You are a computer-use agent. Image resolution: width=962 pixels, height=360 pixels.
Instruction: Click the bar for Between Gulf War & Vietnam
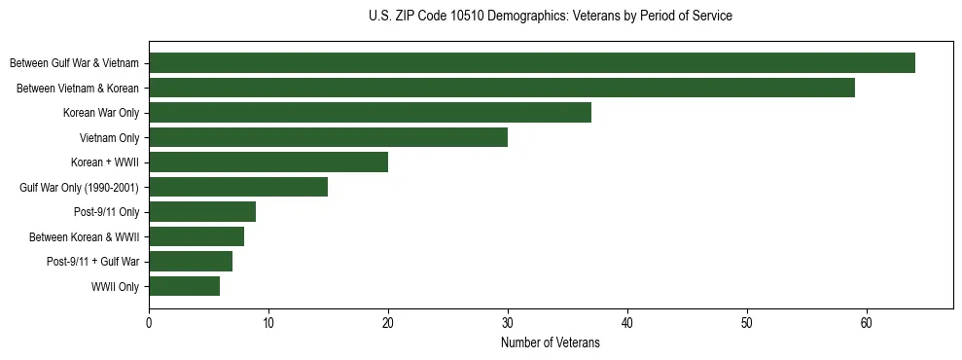(x=531, y=63)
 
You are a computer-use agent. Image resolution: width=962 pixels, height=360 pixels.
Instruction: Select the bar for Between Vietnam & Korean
(x=501, y=88)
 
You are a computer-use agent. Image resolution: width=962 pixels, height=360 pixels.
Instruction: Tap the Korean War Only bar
(x=370, y=113)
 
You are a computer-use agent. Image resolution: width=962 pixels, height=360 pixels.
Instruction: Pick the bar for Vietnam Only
(x=328, y=137)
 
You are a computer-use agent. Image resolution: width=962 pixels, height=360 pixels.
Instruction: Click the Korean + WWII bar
(x=268, y=162)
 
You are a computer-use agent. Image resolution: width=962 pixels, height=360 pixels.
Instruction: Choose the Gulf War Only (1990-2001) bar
(x=238, y=187)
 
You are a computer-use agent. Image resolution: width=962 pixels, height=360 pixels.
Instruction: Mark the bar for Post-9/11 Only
(x=202, y=212)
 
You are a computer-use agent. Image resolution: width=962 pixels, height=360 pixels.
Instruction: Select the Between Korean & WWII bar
(x=196, y=236)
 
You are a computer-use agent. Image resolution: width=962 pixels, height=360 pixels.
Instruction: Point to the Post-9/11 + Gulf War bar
(x=191, y=262)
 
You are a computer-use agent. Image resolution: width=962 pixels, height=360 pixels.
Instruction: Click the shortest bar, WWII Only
(x=184, y=286)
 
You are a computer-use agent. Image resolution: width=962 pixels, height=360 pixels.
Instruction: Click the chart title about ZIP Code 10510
(x=551, y=17)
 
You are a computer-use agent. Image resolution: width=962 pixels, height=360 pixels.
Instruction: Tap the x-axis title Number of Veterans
(x=551, y=343)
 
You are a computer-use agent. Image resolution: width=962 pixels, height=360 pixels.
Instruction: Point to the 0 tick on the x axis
(x=149, y=323)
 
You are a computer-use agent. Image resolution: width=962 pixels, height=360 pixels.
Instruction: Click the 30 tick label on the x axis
(x=508, y=323)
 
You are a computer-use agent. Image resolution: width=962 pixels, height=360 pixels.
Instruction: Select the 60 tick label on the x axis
(x=866, y=323)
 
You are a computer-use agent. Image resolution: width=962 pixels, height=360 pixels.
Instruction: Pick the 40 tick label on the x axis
(x=627, y=323)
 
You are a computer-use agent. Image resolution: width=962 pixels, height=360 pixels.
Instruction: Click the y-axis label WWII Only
(x=115, y=287)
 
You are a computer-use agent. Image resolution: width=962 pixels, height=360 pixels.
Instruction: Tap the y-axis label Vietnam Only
(x=109, y=138)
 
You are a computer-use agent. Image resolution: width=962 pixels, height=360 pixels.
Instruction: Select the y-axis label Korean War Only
(x=101, y=113)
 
